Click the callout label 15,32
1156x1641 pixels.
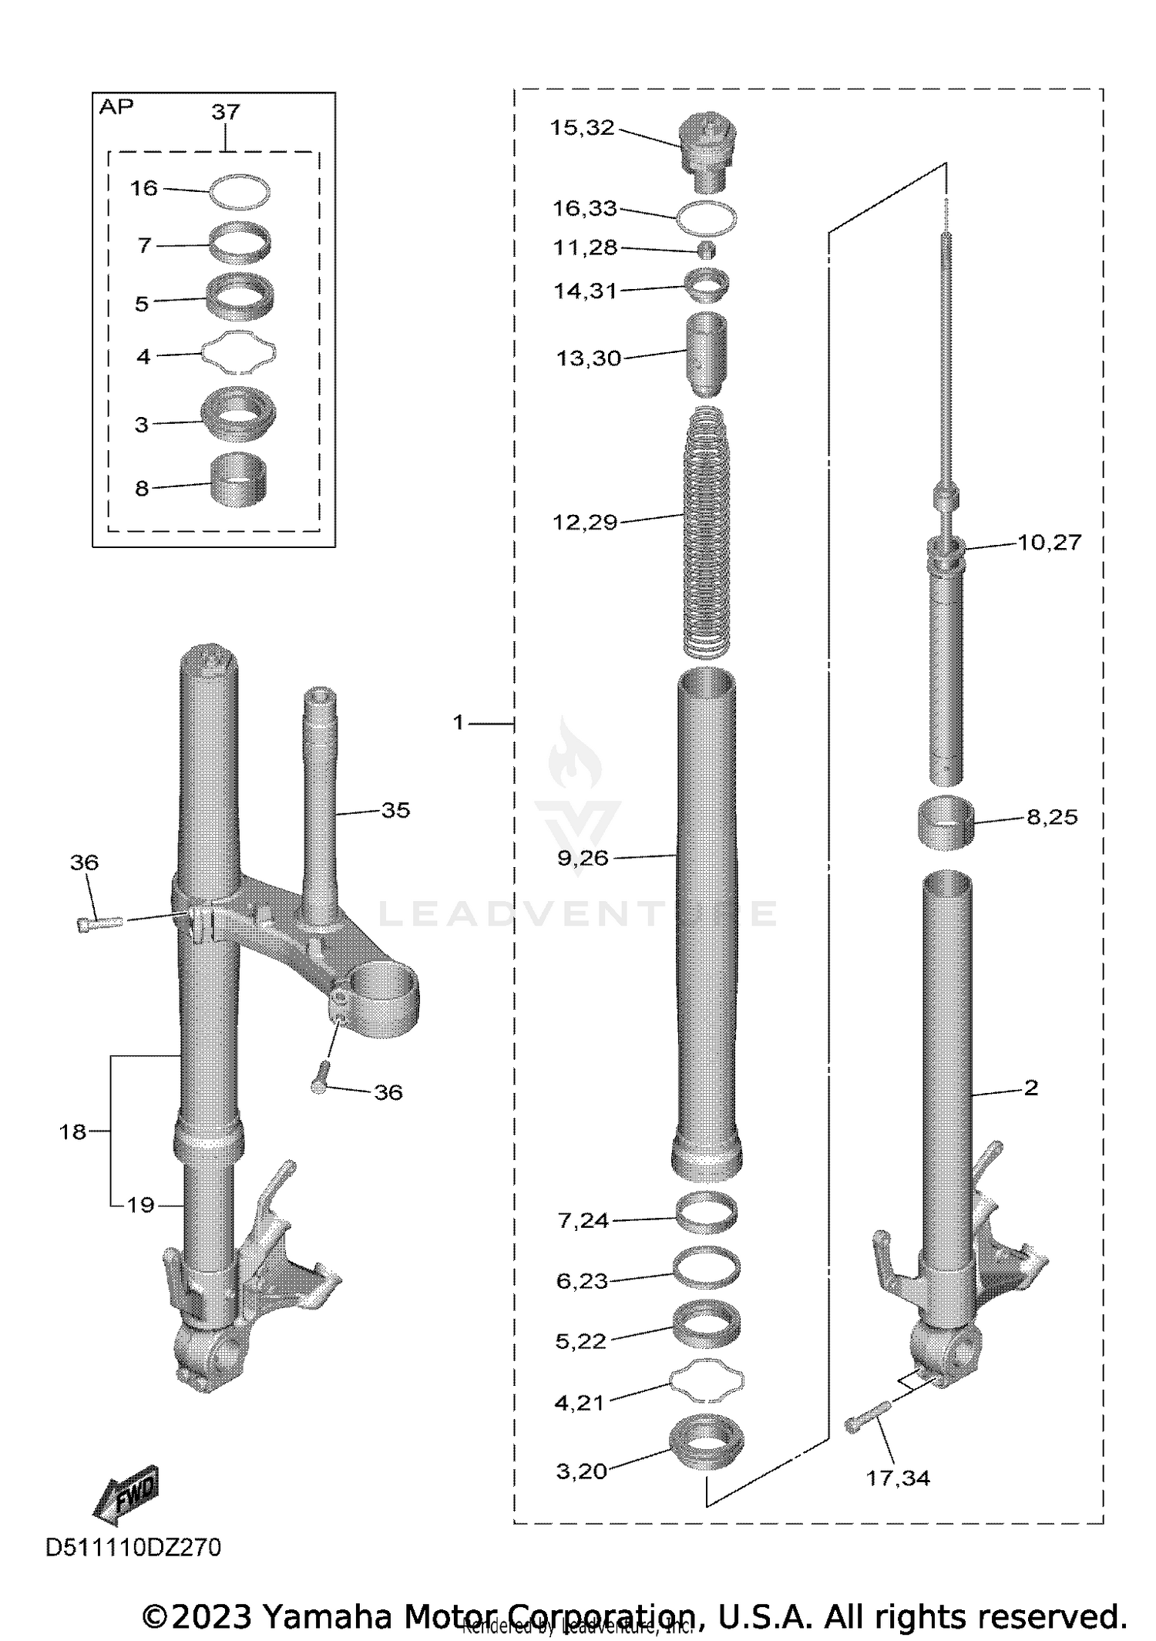pos(582,128)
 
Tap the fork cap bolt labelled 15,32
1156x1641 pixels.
pos(707,150)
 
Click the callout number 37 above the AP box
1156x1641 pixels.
pos(226,112)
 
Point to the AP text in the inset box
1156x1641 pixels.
pos(116,107)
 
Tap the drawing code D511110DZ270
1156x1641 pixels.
pos(133,1547)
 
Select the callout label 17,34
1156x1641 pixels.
pos(898,1478)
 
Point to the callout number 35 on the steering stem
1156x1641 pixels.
pos(395,810)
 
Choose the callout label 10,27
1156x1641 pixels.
pos(1049,542)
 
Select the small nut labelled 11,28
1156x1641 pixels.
pos(707,249)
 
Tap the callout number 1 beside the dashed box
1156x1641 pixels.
pos(459,722)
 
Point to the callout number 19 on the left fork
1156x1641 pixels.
pos(140,1205)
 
